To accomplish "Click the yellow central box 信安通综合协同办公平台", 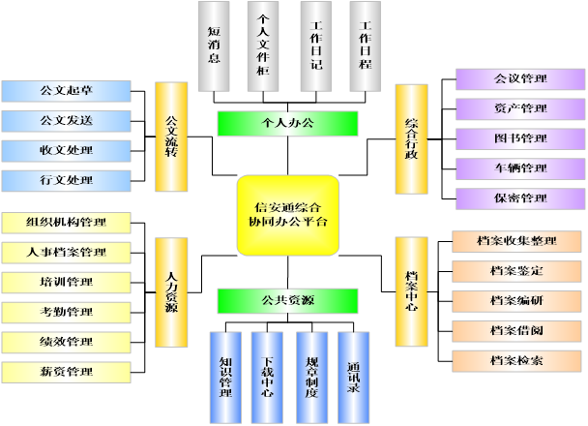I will pyautogui.click(x=287, y=215).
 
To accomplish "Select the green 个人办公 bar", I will pyautogui.click(x=288, y=123).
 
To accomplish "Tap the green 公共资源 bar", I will pyautogui.click(x=288, y=300).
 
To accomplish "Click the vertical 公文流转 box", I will pyautogui.click(x=171, y=138).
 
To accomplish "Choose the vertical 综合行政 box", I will pyautogui.click(x=411, y=138).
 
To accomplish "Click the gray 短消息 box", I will pyautogui.click(x=215, y=46).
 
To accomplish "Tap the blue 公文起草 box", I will pyautogui.click(x=66, y=91).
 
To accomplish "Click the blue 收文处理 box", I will pyautogui.click(x=66, y=151).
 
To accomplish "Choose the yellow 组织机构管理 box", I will pyautogui.click(x=66, y=222).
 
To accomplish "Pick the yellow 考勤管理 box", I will pyautogui.click(x=66, y=312).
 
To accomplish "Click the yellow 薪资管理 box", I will pyautogui.click(x=66, y=372).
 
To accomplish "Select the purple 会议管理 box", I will pyautogui.click(x=519, y=78).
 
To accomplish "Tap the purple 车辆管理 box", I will pyautogui.click(x=519, y=168).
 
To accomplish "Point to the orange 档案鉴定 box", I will pyautogui.click(x=516, y=271).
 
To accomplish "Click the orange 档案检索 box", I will pyautogui.click(x=516, y=361).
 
